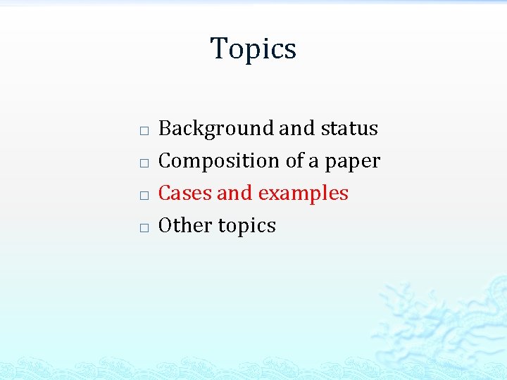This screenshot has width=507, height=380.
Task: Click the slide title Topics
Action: (x=254, y=49)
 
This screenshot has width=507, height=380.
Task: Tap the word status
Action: (x=349, y=129)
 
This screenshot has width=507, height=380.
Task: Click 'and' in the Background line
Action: (x=298, y=129)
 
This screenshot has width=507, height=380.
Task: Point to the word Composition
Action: (x=220, y=161)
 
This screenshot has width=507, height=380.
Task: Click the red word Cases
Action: (x=184, y=194)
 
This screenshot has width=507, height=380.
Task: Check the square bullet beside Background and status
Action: (x=143, y=132)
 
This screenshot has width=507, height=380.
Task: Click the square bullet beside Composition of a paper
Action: (x=143, y=163)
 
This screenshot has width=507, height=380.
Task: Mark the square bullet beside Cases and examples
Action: (x=143, y=196)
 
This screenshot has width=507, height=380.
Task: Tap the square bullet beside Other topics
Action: (x=143, y=228)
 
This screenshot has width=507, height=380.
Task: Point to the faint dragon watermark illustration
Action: (x=437, y=317)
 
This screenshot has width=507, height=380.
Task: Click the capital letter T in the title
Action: (x=218, y=49)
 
